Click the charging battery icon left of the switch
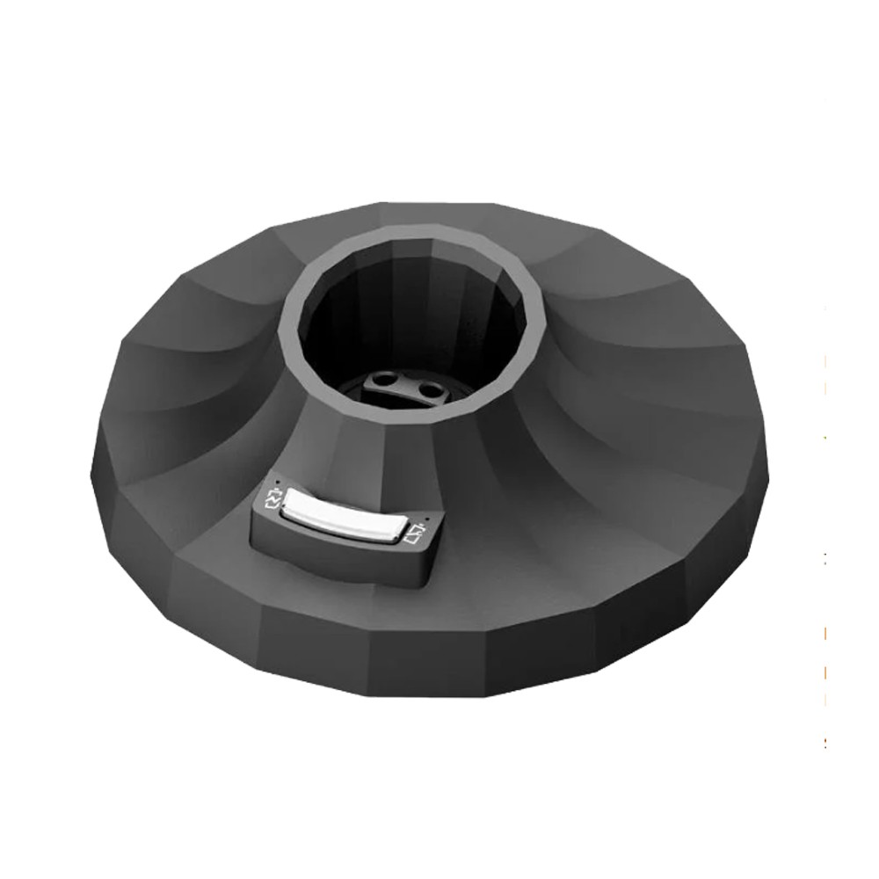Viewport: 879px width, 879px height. click(x=272, y=502)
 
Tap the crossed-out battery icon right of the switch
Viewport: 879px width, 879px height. click(x=417, y=533)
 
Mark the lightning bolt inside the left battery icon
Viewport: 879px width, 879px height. click(x=272, y=502)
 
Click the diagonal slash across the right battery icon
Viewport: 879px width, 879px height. click(x=417, y=533)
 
